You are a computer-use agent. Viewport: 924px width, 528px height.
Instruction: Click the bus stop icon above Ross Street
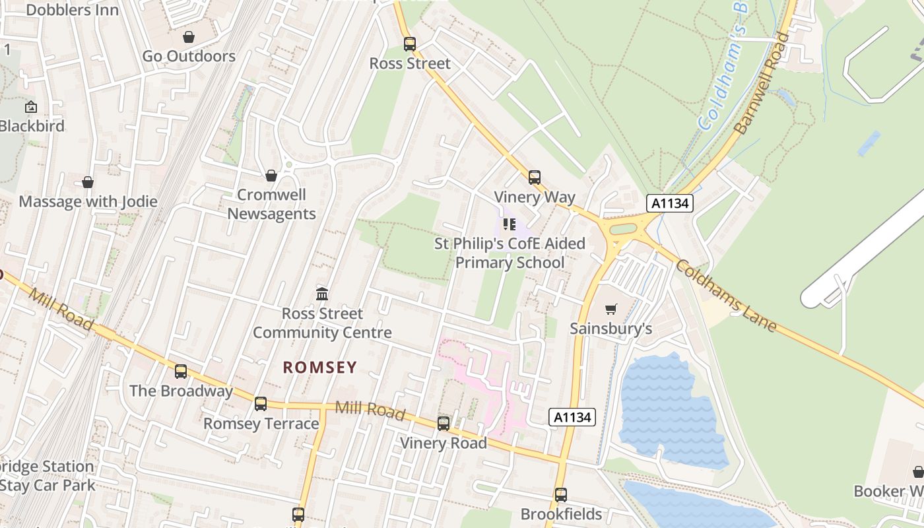click(410, 44)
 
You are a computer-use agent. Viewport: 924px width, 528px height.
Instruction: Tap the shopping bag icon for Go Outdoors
click(189, 37)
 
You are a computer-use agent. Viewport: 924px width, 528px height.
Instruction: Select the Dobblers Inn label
click(73, 10)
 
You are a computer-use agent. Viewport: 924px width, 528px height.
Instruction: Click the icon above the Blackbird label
click(31, 107)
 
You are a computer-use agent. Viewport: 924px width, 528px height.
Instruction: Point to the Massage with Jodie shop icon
click(88, 182)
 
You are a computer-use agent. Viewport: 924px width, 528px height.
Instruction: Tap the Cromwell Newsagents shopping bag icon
click(271, 176)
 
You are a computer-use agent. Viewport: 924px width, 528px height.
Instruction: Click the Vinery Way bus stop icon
click(535, 178)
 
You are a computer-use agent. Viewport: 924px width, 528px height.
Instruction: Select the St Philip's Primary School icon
click(509, 224)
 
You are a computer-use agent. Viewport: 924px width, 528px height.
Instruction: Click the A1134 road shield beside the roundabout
click(670, 203)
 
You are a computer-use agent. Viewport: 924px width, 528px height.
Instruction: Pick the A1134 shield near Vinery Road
click(572, 417)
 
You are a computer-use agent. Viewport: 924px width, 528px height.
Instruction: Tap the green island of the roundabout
click(622, 229)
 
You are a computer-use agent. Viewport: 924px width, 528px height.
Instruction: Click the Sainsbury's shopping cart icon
click(611, 309)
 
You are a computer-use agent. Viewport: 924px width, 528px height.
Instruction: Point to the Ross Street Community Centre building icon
click(322, 294)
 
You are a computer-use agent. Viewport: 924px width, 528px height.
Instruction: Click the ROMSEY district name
click(320, 368)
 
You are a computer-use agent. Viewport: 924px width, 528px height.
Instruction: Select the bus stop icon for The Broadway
click(181, 372)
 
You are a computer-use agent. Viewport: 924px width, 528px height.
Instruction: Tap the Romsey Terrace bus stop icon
click(261, 404)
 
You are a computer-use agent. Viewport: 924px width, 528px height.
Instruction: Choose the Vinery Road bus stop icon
click(444, 424)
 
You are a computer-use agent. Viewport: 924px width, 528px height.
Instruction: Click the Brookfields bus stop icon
click(561, 494)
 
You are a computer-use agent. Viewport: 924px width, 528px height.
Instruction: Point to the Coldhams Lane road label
click(725, 295)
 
